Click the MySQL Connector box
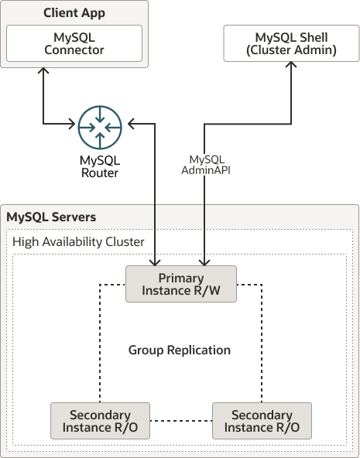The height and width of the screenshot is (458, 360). point(74,43)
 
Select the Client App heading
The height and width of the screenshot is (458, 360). point(74,13)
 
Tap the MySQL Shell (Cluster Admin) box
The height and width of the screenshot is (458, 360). point(291,43)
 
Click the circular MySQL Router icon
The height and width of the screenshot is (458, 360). point(101,125)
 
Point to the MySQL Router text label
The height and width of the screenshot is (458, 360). point(100,166)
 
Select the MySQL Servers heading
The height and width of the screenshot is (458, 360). point(51,217)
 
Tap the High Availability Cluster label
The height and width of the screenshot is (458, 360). point(78,242)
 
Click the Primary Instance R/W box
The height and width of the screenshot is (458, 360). point(181,284)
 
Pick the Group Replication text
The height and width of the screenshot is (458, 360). point(180,350)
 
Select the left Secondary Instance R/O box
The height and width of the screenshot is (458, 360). point(100,421)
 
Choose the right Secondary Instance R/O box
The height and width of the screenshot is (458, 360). point(261,421)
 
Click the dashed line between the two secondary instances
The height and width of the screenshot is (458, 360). point(180,421)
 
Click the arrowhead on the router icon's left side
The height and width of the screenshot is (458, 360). point(72,123)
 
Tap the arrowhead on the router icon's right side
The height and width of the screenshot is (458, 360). point(131,123)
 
